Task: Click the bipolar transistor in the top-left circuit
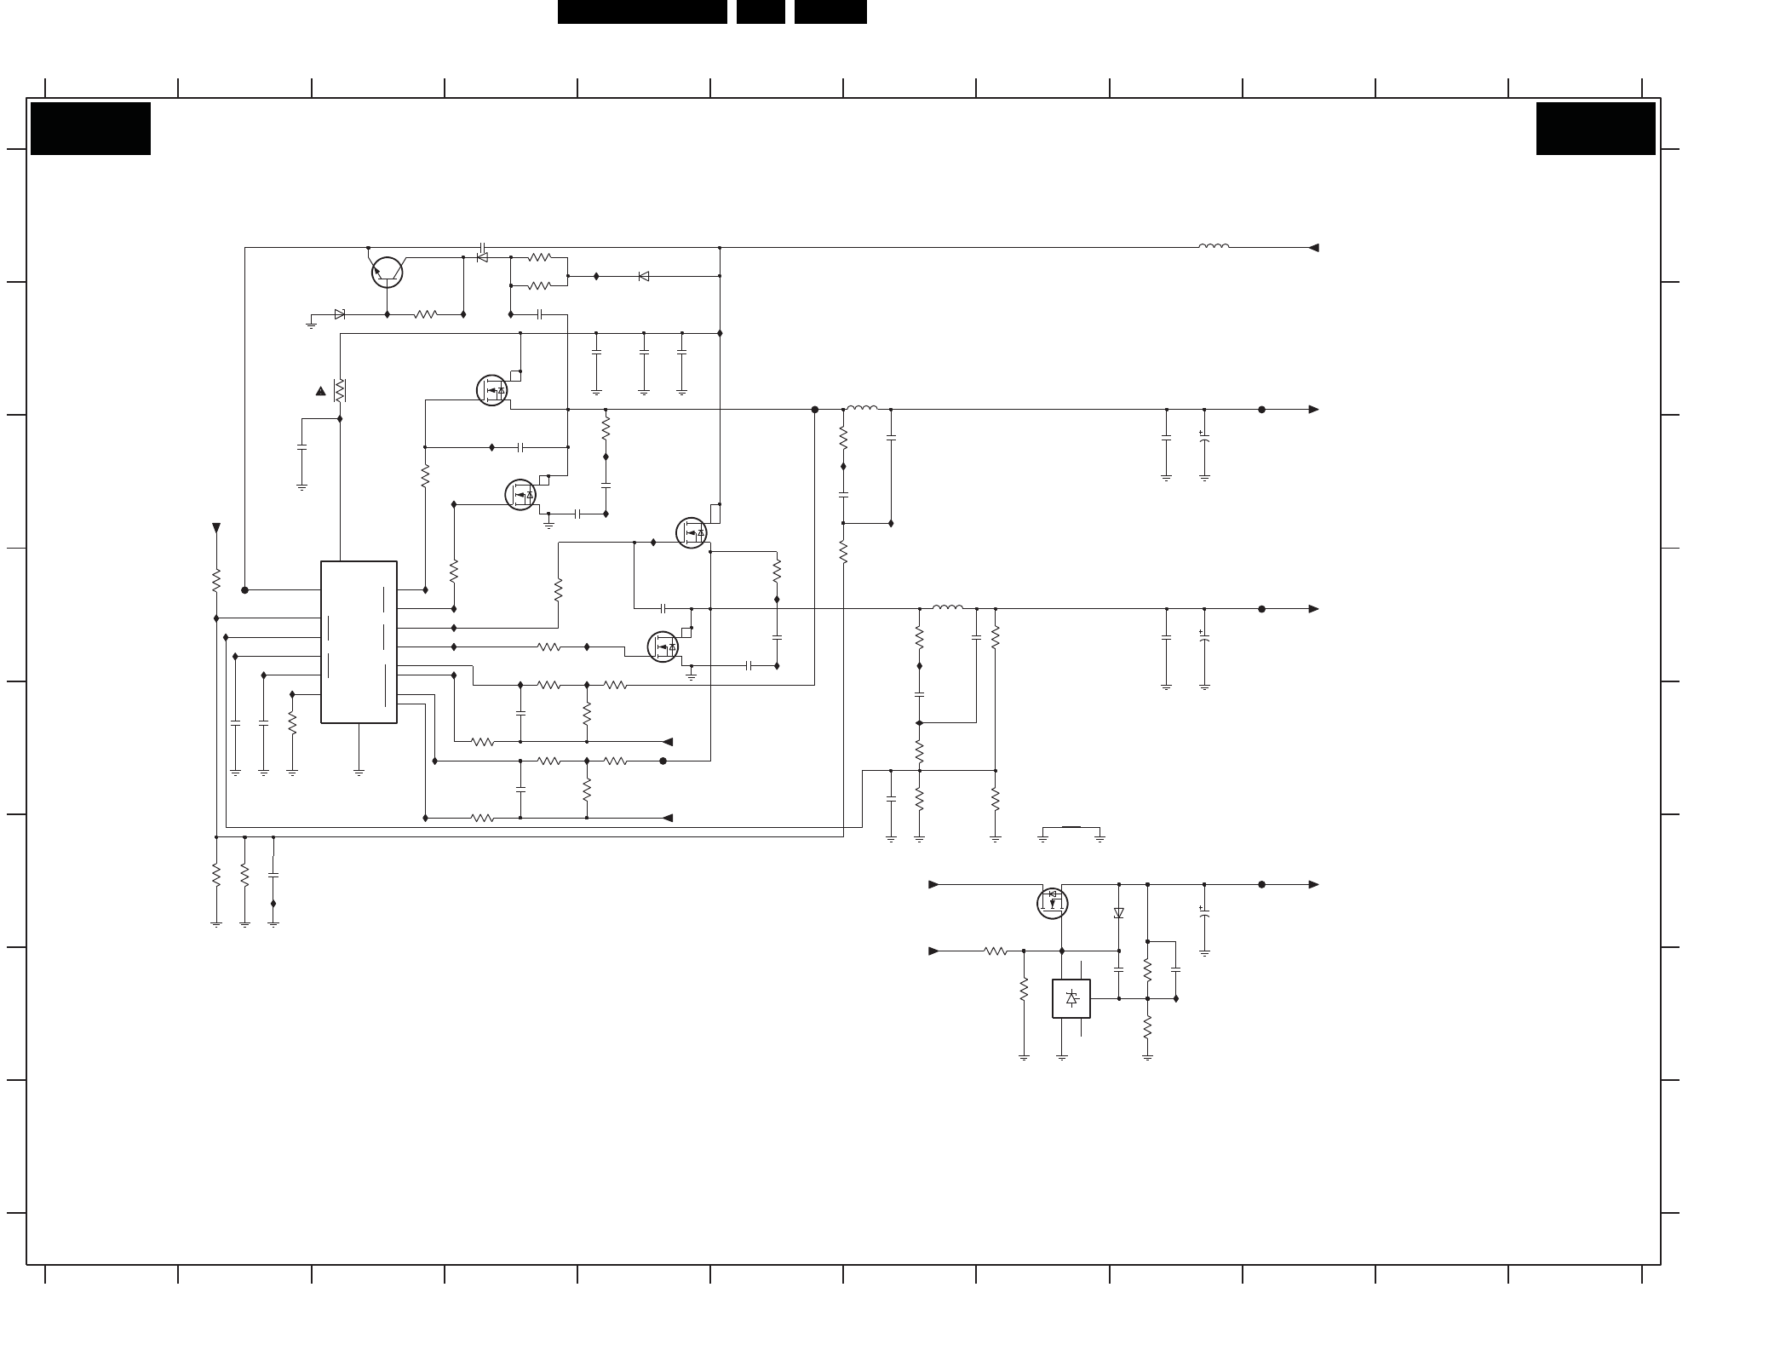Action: point(387,273)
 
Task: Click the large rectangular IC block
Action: point(359,641)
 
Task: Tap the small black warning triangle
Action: point(320,391)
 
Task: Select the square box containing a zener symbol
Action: point(1071,998)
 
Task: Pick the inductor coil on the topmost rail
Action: point(1213,246)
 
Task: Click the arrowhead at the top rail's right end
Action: point(1313,248)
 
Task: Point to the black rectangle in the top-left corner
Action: point(90,129)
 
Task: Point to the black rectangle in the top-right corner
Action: point(1595,129)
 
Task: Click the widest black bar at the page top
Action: point(642,11)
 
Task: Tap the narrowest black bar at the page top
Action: point(761,11)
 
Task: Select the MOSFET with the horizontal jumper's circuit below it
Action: point(1052,903)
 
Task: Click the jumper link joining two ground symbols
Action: point(1071,827)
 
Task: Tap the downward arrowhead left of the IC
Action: point(216,528)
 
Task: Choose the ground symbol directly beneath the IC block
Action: point(359,773)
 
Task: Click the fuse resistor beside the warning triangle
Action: point(340,390)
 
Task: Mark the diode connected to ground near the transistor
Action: point(340,314)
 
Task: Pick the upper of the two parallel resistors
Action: point(539,257)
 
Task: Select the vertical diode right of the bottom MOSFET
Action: point(1118,913)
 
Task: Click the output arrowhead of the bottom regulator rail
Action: point(1313,884)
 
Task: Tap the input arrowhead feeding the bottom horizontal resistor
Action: point(933,951)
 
